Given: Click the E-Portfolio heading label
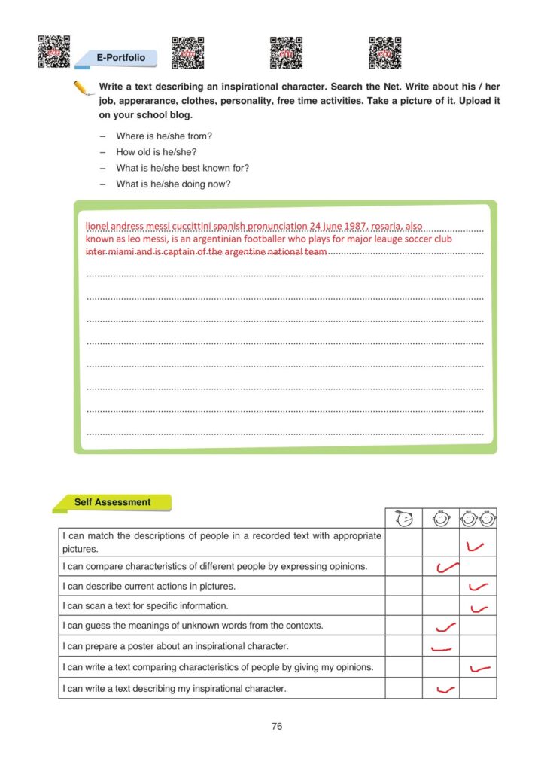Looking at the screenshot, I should click(120, 57).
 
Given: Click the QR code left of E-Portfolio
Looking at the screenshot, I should click(53, 51).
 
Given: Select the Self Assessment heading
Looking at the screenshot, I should click(112, 502).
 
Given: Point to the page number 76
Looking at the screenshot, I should click(277, 727).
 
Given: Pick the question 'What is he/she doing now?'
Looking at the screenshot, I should click(173, 184).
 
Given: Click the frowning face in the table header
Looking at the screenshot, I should click(403, 519).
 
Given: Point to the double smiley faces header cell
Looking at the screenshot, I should click(478, 519).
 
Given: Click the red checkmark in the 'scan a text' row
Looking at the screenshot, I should click(479, 608).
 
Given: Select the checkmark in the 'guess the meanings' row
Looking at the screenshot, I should click(445, 626).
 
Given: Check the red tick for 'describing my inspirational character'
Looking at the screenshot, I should click(445, 689).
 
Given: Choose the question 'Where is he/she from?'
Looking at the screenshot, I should click(164, 136).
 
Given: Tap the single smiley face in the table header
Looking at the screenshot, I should click(441, 519).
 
